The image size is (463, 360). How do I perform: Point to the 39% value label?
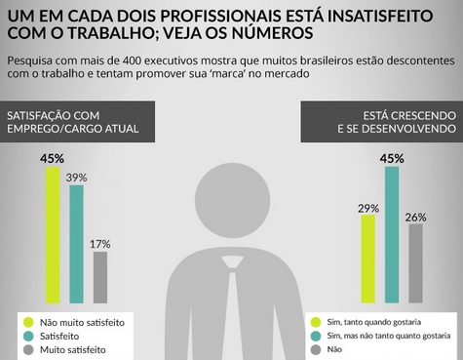[76, 178]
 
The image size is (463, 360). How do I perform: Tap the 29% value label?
[367, 208]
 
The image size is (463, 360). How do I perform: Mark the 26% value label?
[416, 216]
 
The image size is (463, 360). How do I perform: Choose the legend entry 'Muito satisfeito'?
[77, 348]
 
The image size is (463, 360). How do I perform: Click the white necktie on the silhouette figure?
[232, 312]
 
